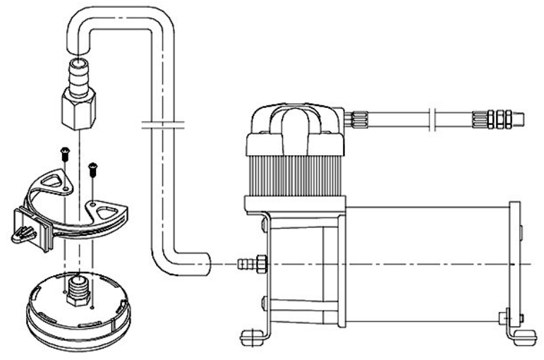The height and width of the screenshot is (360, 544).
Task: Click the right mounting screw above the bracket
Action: (92, 168)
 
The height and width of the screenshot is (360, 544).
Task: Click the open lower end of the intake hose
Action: (205, 264)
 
